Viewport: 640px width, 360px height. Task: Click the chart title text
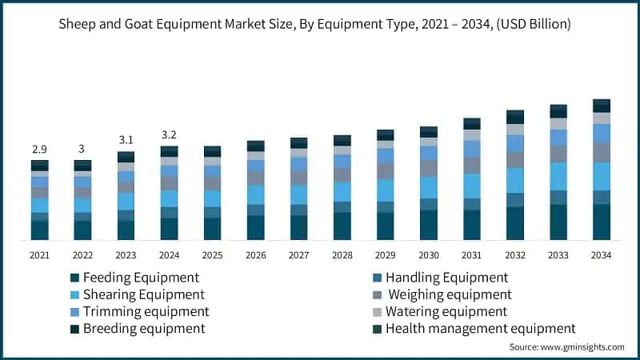320,24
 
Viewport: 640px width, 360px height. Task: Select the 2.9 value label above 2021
39,150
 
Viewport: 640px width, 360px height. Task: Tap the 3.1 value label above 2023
126,140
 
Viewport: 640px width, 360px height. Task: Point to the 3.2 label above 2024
169,134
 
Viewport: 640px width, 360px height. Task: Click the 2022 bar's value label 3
82,150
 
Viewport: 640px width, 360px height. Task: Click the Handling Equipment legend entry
446,278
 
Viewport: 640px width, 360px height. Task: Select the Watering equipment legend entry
446,311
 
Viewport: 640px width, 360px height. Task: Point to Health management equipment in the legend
480,328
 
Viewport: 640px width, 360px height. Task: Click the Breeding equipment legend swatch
74,328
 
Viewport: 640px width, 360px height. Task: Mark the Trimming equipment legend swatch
74,311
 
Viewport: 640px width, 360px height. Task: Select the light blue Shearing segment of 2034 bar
601,176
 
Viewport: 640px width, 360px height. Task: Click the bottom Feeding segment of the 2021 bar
39,230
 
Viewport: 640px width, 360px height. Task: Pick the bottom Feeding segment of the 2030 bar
428,225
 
